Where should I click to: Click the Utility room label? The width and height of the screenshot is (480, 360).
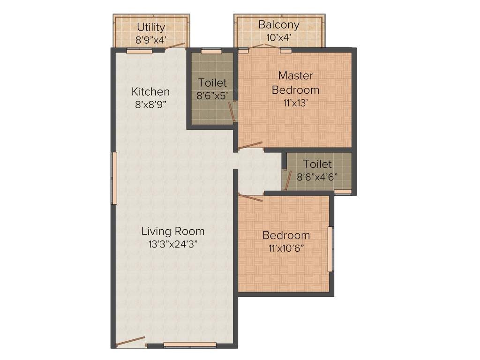[150, 27]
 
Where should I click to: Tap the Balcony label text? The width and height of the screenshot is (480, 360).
[279, 24]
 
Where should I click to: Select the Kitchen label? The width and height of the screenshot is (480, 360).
[150, 91]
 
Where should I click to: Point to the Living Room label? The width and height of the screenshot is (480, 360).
[173, 231]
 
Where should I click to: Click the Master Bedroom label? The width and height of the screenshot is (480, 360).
[295, 82]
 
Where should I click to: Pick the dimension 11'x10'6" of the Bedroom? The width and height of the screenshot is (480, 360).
[286, 248]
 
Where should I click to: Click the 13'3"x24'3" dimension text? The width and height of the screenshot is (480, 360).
[173, 244]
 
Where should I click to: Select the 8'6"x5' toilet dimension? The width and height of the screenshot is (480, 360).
[212, 96]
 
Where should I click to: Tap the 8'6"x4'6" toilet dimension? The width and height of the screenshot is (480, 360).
[317, 177]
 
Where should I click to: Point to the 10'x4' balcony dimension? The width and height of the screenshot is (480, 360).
[279, 37]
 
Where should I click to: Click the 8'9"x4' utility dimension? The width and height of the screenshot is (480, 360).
[150, 40]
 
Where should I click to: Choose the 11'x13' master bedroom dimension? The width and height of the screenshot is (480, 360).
[295, 103]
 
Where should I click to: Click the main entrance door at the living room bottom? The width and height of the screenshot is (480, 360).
[131, 341]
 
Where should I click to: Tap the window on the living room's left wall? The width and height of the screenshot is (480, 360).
[113, 178]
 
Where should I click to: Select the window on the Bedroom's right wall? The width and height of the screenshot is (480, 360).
[330, 249]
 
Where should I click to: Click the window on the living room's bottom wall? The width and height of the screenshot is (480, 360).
[190, 345]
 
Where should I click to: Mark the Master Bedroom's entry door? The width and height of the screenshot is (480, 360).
[250, 146]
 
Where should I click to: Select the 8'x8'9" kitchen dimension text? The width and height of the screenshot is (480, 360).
[150, 105]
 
